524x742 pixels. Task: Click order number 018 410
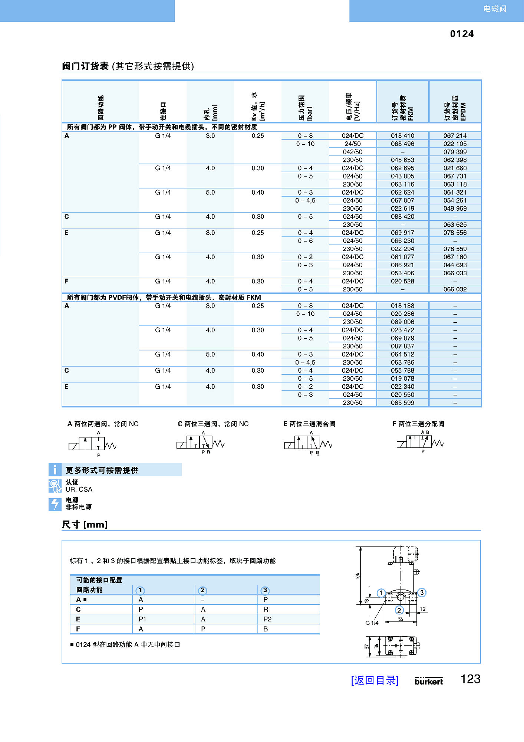402,136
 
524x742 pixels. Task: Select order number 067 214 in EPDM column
455,136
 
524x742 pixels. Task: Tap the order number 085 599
402,403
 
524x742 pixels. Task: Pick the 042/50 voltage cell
352,152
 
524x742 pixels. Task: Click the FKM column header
402,108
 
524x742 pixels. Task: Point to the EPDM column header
455,108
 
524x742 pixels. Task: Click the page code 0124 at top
462,34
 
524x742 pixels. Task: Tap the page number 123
470,679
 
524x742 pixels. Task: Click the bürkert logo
429,681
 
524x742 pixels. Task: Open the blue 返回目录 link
375,680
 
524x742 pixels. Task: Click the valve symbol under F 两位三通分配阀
420,443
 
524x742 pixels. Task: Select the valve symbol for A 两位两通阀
92,444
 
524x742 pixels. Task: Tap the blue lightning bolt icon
55,505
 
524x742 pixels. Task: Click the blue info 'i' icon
55,470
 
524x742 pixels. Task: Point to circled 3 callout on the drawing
422,592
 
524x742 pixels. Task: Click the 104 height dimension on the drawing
357,575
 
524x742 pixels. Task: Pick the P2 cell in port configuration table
267,619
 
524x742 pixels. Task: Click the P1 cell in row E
142,619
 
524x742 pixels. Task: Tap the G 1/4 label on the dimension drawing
372,623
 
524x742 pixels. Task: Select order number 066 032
455,289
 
